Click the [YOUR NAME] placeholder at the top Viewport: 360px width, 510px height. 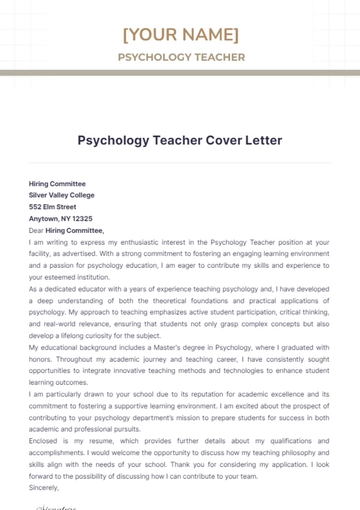pos(180,35)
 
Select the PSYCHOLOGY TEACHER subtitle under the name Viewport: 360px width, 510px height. pos(180,57)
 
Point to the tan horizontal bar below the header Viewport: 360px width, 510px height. pos(180,73)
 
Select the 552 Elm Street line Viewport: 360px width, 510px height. pos(50,207)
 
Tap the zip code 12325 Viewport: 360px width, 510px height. pos(80,218)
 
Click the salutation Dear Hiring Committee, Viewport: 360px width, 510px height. pos(66,230)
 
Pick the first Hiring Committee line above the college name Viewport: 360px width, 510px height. pos(57,184)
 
